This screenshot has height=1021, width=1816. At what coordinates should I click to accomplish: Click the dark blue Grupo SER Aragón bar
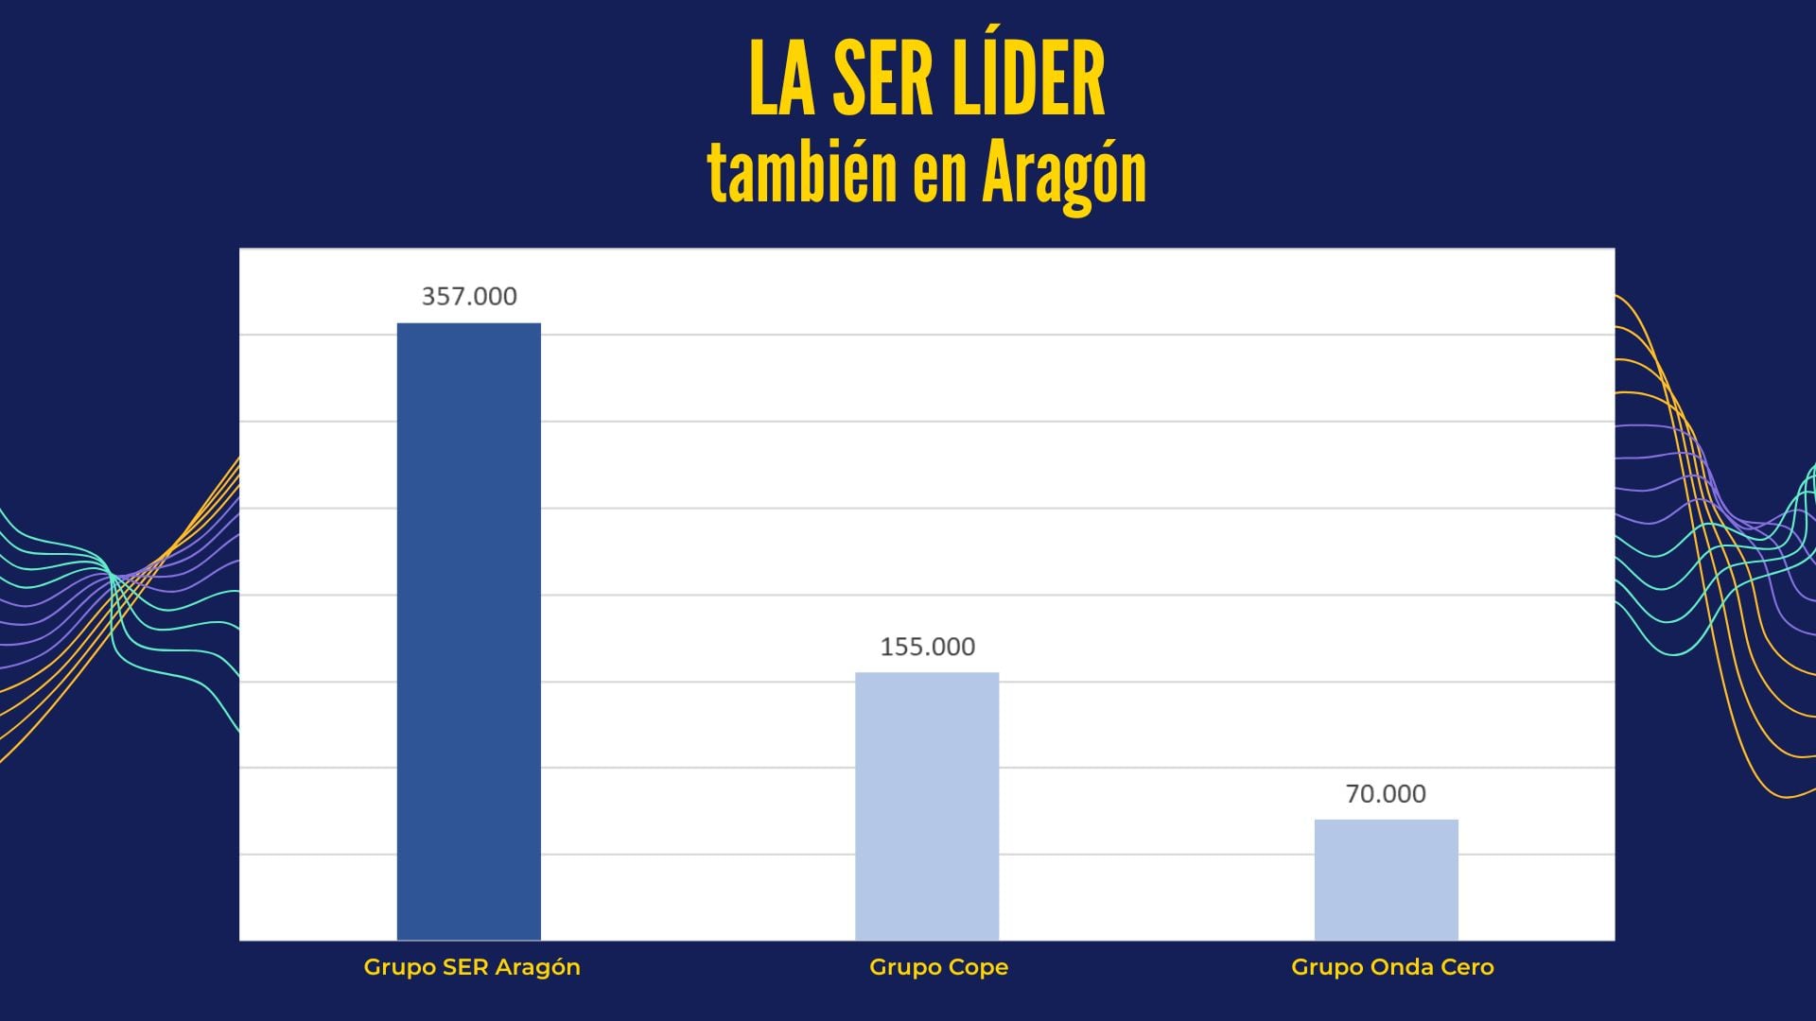(468, 632)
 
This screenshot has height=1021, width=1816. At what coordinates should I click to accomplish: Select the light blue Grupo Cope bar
(927, 806)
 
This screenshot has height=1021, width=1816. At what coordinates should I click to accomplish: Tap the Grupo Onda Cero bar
(1386, 879)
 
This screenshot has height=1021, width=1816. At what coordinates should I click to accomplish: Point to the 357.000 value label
(469, 297)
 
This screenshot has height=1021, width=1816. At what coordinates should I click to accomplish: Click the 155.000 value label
(927, 647)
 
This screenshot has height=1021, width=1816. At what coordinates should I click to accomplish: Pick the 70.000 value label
(1386, 794)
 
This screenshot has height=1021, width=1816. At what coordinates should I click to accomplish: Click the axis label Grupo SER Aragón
(472, 967)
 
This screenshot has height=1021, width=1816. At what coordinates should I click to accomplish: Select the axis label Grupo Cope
(938, 967)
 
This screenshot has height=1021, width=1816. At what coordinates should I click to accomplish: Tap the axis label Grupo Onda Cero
(1392, 967)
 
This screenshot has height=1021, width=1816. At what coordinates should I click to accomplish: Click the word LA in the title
(781, 79)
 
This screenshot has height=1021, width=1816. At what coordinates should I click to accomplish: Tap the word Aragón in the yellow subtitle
(1064, 175)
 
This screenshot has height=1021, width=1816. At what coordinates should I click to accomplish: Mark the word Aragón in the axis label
(539, 968)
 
